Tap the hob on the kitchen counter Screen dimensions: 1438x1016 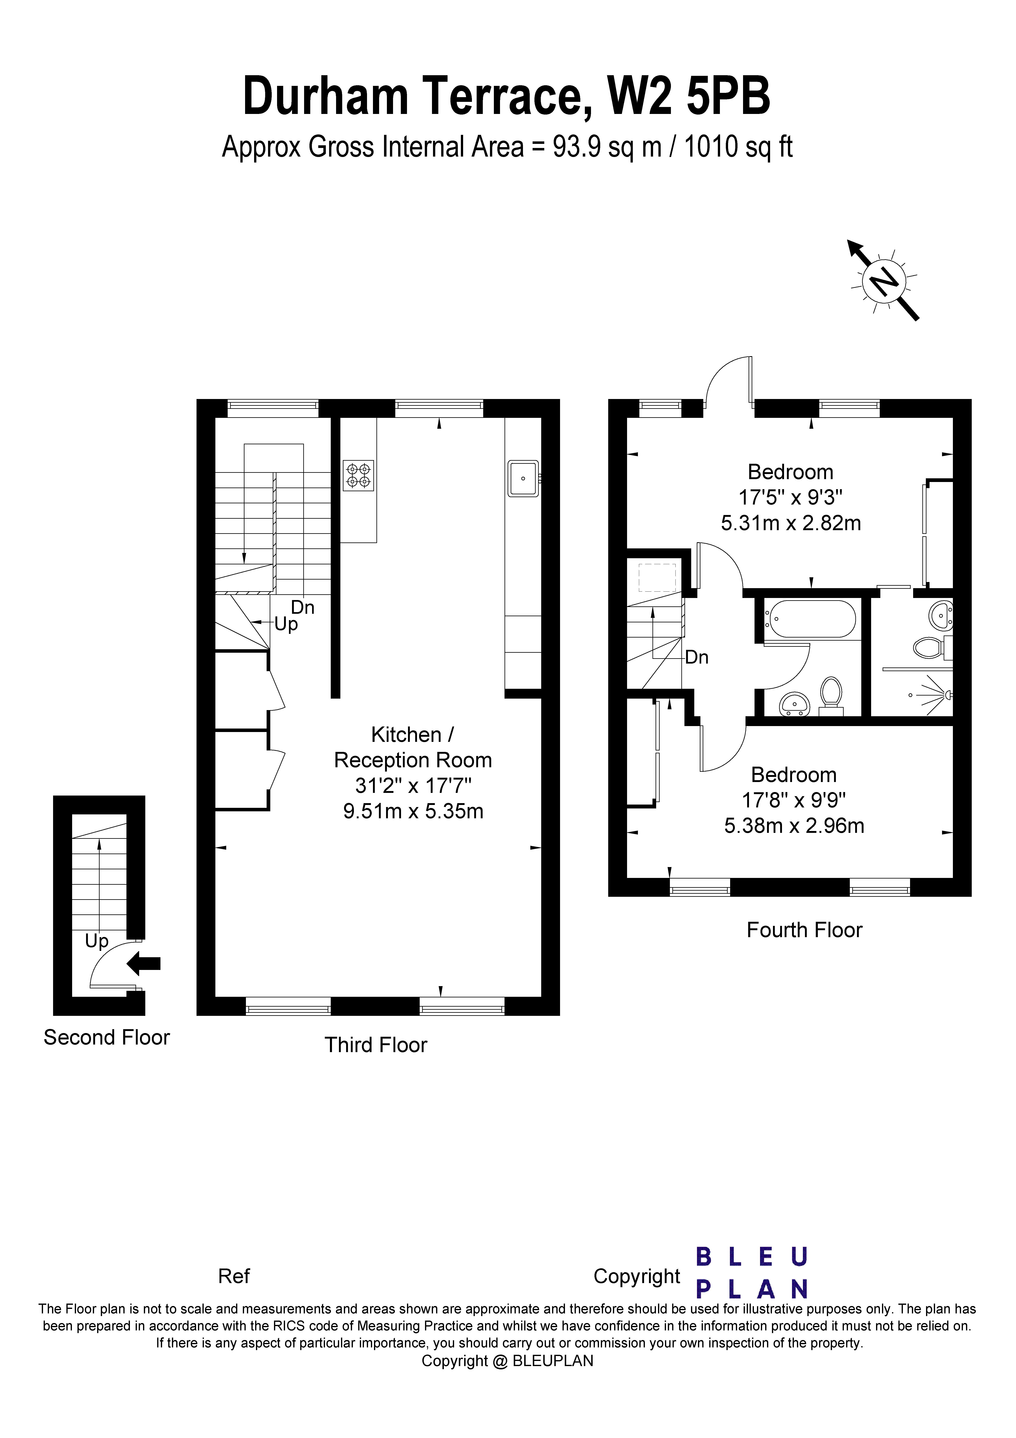tap(358, 475)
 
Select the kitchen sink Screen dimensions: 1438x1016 tap(523, 479)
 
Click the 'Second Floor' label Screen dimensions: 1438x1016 tap(107, 1038)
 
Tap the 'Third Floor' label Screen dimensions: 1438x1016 tap(376, 1045)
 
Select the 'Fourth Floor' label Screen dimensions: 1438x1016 tap(804, 930)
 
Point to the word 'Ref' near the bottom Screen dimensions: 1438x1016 tap(234, 1276)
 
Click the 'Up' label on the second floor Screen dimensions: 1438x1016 tap(97, 941)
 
